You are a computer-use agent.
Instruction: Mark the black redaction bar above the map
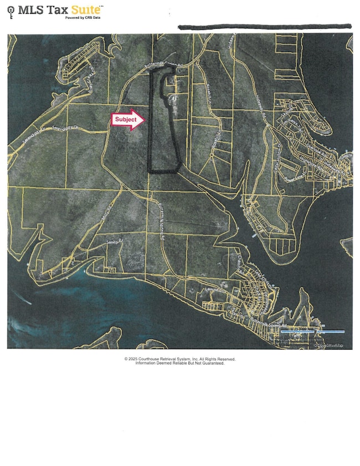click(x=264, y=26)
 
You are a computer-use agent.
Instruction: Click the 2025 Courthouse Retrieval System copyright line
click(x=180, y=359)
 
